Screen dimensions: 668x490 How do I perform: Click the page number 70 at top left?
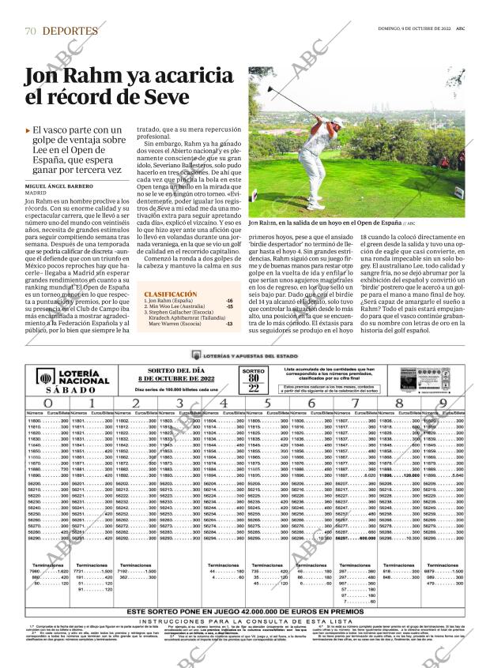30,31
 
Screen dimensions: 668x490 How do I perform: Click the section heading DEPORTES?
70,31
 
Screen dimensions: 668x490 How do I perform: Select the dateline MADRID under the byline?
36,193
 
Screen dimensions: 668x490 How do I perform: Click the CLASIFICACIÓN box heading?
170,294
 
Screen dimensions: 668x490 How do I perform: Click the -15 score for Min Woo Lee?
229,307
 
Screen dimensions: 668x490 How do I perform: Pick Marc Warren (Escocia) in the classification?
174,324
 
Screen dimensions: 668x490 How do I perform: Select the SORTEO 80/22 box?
253,358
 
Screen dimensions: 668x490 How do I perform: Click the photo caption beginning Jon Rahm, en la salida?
326,223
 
